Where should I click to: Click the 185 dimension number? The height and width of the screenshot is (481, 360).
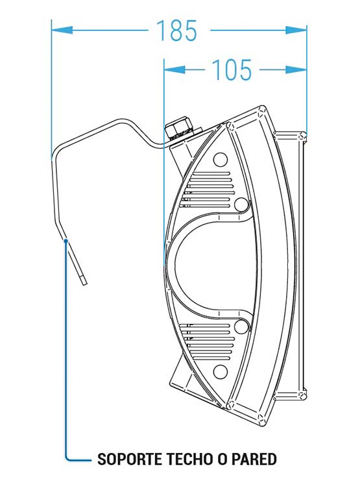[x=176, y=31]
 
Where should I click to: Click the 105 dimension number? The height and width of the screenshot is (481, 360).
[x=232, y=70]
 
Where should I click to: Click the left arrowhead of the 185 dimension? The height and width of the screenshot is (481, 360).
[x=62, y=30]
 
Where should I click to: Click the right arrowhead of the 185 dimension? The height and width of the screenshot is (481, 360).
[x=296, y=30]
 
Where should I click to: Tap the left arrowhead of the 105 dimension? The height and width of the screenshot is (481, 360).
[x=174, y=70]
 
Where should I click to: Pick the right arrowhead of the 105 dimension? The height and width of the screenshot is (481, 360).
[x=296, y=70]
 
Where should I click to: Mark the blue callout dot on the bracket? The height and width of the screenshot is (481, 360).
[x=66, y=241]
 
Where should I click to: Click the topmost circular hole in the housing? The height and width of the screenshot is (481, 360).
[x=221, y=160]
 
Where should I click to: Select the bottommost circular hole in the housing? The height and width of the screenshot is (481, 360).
[x=221, y=372]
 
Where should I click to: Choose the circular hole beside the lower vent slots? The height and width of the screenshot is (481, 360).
[x=241, y=327]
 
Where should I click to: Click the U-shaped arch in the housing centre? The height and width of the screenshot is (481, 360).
[x=170, y=265]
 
